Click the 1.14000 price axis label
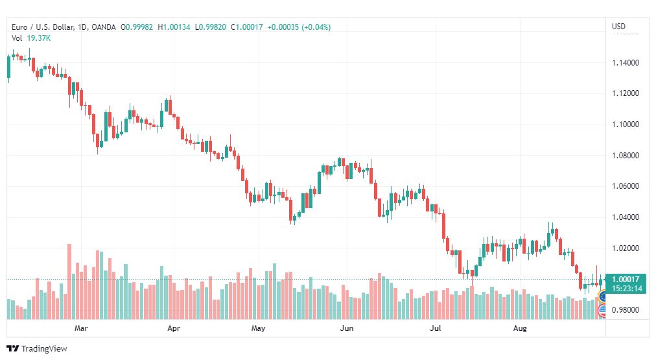(626, 63)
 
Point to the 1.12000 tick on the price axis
(626, 93)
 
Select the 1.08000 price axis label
(626, 155)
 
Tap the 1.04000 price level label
(626, 217)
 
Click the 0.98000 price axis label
(626, 310)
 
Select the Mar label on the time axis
(81, 328)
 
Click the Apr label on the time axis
(174, 328)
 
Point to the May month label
(258, 328)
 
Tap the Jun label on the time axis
(346, 328)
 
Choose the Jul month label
(436, 328)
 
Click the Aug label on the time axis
(520, 328)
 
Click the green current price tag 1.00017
(626, 279)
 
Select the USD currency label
(619, 27)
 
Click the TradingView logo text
(44, 349)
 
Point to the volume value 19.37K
(39, 38)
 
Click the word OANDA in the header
(103, 27)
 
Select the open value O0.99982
(137, 27)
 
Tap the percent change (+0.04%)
(316, 27)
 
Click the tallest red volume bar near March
(69, 282)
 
